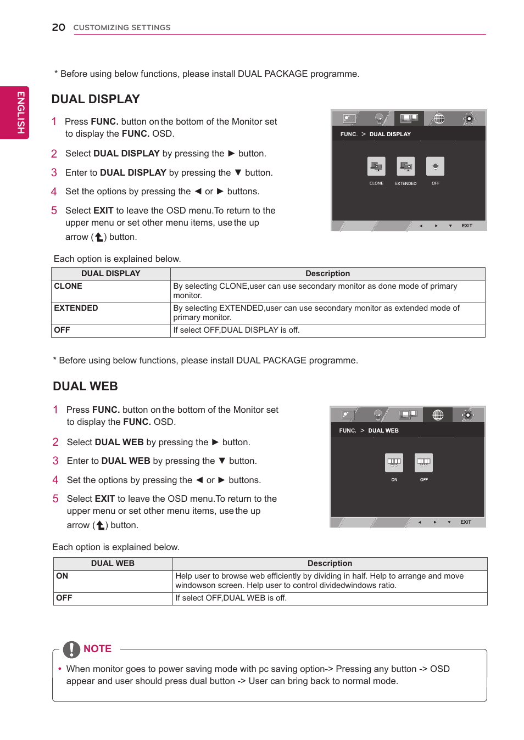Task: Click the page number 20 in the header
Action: click(58, 27)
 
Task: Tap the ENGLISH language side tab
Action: click(20, 112)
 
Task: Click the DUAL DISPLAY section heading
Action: click(96, 99)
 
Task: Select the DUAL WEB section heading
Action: click(85, 386)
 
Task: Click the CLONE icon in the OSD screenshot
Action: click(376, 166)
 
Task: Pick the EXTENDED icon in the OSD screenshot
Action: click(405, 166)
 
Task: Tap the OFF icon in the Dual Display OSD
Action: click(435, 166)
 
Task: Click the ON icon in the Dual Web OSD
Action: click(394, 462)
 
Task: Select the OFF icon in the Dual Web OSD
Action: click(423, 462)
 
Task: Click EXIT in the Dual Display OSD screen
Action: click(467, 226)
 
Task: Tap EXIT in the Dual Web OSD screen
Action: click(465, 522)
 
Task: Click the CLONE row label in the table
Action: click(68, 286)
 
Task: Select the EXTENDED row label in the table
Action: click(76, 308)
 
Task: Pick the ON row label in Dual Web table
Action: click(62, 576)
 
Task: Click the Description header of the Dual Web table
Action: click(330, 563)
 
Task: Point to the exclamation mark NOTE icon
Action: click(71, 649)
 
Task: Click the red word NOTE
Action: click(97, 649)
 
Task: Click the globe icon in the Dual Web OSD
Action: click(438, 415)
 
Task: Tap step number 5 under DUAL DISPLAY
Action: click(54, 210)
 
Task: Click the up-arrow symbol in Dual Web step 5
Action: click(101, 525)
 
